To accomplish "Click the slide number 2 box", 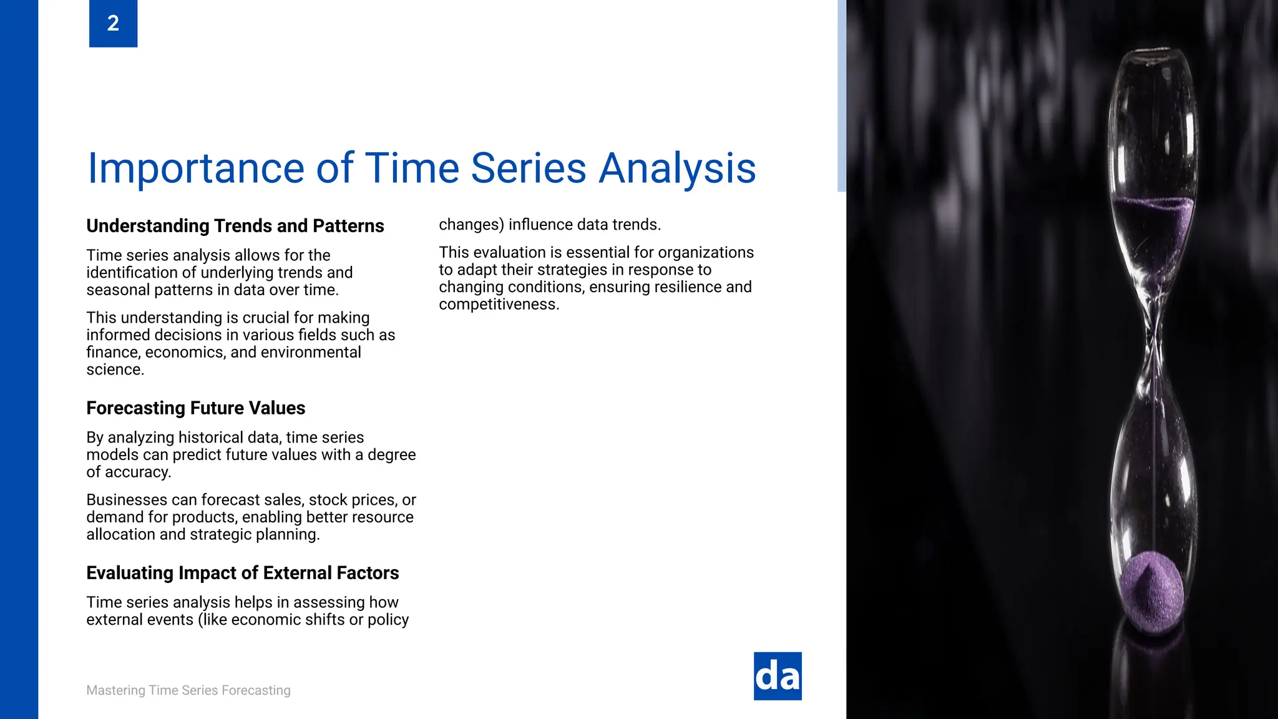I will click(x=113, y=23).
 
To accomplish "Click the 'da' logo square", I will click(x=778, y=676).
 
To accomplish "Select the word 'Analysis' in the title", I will click(x=677, y=169).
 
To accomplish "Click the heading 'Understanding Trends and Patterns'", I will click(x=235, y=226).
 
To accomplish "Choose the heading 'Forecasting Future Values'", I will click(x=195, y=408).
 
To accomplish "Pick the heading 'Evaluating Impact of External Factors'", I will click(x=242, y=573).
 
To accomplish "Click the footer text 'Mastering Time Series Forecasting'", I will click(x=188, y=690).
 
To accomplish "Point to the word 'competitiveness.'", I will click(x=499, y=305).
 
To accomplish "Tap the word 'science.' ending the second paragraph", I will click(x=115, y=369).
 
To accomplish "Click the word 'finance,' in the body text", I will click(x=114, y=353).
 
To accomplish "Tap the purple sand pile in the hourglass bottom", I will click(x=1151, y=590).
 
